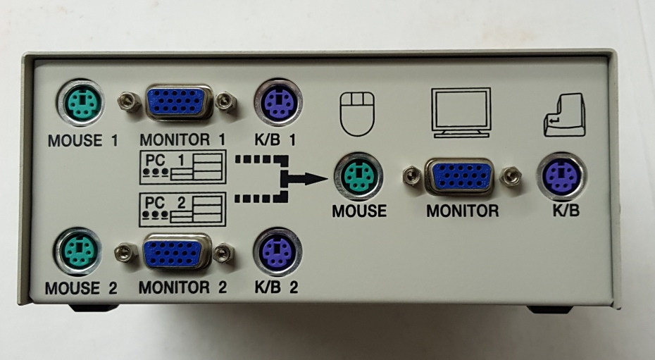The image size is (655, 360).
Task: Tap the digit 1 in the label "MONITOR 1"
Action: point(221,139)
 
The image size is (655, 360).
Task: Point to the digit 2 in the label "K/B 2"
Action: point(294,287)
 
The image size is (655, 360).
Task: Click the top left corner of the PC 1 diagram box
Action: point(140,150)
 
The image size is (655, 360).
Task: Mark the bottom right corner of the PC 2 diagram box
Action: point(226,226)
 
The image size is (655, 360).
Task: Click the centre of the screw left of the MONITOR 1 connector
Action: point(129,101)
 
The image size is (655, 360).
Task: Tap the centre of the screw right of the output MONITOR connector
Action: point(511,176)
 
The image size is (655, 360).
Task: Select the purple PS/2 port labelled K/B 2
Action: point(277,252)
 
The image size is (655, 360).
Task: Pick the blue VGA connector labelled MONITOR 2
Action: point(177,252)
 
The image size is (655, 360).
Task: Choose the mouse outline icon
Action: point(357,113)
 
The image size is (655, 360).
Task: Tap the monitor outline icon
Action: point(461,112)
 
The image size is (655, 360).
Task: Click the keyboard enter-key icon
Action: point(564,114)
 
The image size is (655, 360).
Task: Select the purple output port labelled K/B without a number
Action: point(561,177)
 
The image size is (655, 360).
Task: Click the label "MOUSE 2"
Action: point(81,288)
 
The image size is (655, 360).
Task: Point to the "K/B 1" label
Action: point(275,140)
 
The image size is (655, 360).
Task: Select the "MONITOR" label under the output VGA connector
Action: point(463,211)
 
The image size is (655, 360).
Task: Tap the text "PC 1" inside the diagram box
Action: point(165,161)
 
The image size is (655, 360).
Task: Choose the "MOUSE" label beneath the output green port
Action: point(359,211)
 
